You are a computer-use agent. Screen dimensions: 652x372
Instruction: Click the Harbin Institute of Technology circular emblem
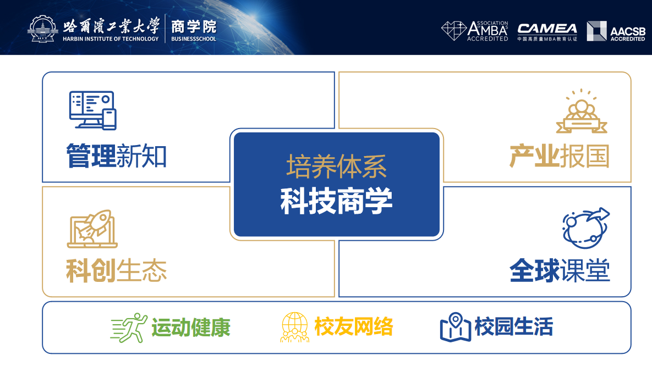click(x=42, y=29)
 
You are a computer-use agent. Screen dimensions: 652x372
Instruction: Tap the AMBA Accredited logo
click(x=474, y=31)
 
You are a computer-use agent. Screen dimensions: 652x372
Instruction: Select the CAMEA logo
click(x=547, y=32)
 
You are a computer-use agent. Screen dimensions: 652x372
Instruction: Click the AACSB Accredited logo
click(x=616, y=31)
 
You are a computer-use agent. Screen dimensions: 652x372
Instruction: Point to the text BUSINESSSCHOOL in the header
click(x=194, y=39)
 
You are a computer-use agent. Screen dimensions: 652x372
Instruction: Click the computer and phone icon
click(x=93, y=110)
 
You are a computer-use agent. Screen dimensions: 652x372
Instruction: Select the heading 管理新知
click(x=117, y=156)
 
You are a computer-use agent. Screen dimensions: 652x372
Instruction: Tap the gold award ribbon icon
click(x=582, y=111)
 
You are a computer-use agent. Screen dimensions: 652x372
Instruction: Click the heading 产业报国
click(x=559, y=156)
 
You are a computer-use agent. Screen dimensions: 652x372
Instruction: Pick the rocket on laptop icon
click(x=92, y=229)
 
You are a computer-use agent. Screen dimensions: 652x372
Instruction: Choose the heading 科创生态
click(x=117, y=271)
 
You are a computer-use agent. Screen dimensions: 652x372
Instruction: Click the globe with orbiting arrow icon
click(x=586, y=227)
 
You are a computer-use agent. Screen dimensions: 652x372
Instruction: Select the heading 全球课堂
click(x=560, y=271)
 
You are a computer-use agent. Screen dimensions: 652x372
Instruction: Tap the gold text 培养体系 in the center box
click(x=337, y=166)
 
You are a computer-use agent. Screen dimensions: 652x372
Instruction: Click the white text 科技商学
click(x=337, y=201)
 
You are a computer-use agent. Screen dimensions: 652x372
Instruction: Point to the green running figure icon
click(x=129, y=327)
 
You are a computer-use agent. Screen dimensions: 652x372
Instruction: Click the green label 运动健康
click(x=191, y=327)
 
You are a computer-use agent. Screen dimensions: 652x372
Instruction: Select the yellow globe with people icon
click(x=295, y=327)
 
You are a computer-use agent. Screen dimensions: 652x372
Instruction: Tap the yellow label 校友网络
click(x=354, y=327)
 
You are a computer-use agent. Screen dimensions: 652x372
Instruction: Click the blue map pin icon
click(x=456, y=327)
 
